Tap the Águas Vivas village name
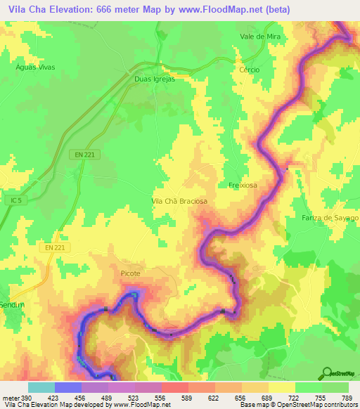click(35, 67)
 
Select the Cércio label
click(249, 70)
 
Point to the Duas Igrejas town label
click(154, 79)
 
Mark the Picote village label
click(130, 273)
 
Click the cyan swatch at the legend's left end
click(41, 387)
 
